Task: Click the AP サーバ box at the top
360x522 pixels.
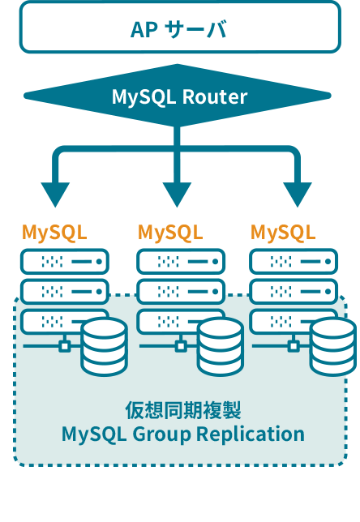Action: [x=179, y=28]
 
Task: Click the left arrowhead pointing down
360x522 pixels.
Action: [x=56, y=195]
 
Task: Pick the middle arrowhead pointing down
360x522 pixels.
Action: [x=178, y=195]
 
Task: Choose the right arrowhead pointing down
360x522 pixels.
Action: [x=298, y=195]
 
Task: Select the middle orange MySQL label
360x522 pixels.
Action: [x=170, y=233]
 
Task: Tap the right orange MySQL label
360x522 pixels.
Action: [x=283, y=233]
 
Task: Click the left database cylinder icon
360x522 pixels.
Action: [x=104, y=347]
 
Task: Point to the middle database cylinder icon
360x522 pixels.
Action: [x=220, y=347]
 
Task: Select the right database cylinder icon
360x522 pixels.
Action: [x=332, y=347]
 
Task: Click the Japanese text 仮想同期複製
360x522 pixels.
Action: [x=182, y=409]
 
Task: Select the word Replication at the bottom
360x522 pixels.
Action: [x=253, y=434]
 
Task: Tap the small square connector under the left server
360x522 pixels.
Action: [x=65, y=346]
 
